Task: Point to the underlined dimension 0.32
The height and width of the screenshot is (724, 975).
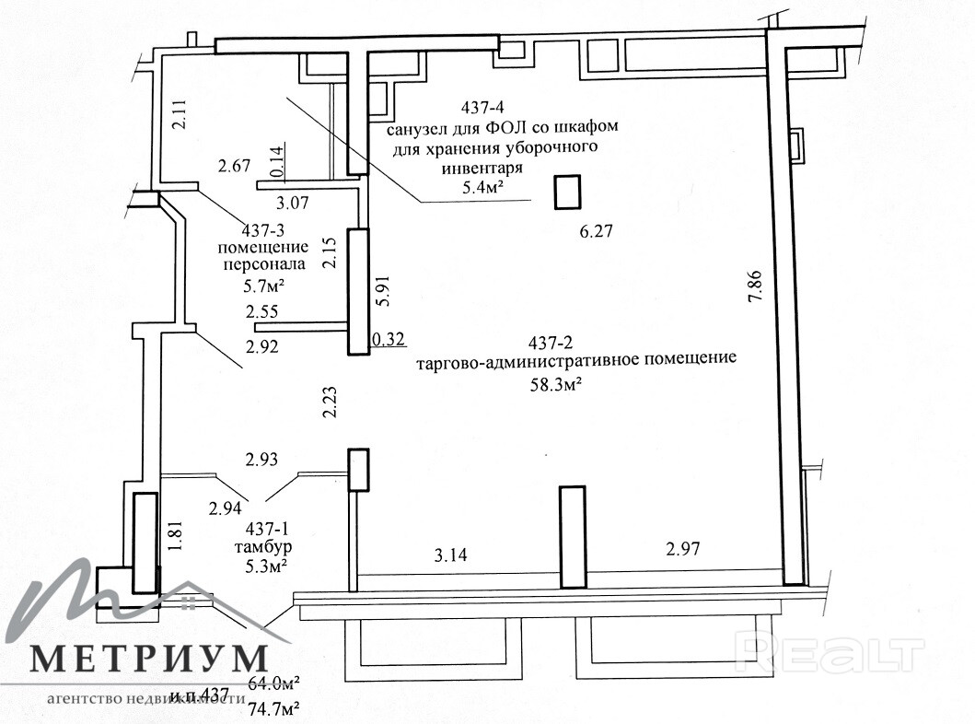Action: [x=388, y=340]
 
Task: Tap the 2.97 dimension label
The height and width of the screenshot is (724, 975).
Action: [x=683, y=550]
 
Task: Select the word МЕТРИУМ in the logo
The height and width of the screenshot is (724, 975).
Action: [x=150, y=660]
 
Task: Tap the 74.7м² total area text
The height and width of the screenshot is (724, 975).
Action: [x=275, y=707]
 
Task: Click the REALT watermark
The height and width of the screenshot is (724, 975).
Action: [x=831, y=655]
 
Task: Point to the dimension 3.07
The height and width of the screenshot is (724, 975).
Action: [x=295, y=202]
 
